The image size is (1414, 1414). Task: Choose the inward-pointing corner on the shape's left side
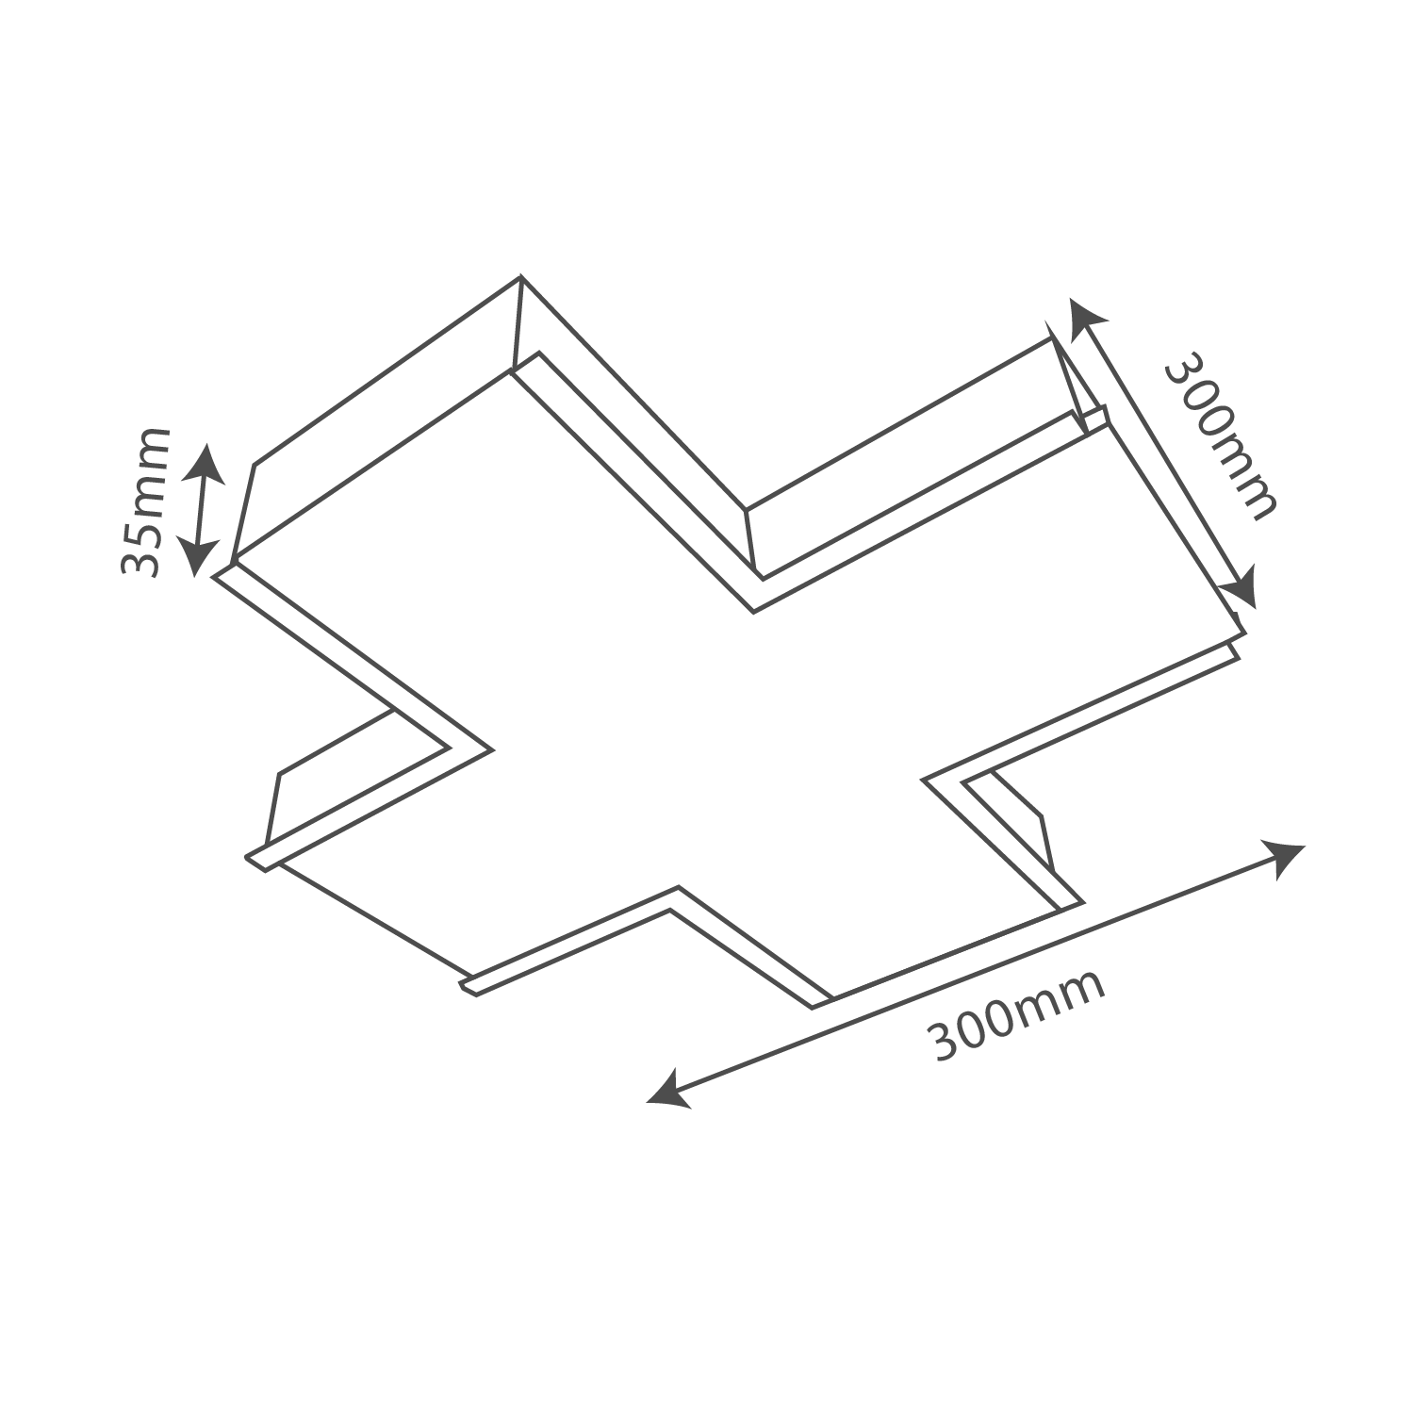coord(490,748)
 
